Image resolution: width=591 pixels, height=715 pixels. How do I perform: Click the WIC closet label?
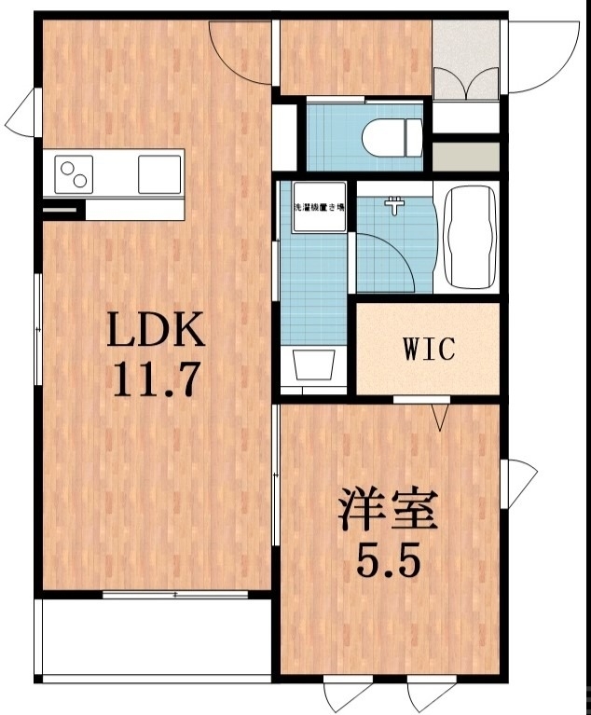[x=429, y=350]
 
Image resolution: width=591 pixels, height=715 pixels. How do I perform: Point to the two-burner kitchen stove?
[x=76, y=173]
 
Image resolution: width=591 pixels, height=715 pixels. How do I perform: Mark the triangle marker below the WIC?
[x=442, y=415]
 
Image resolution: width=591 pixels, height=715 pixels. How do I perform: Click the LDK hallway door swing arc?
[x=241, y=51]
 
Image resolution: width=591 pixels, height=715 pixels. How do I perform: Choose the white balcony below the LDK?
[x=154, y=639]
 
